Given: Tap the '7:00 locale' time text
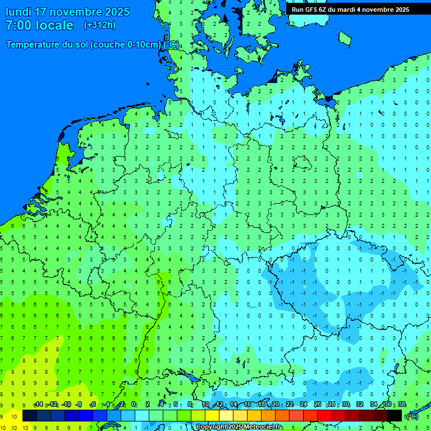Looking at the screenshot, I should [x=39, y=25].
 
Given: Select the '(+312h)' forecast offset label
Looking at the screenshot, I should [x=100, y=25].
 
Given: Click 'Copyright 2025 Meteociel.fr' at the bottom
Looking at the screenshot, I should [x=239, y=427].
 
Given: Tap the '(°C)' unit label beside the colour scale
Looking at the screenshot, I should [x=412, y=416].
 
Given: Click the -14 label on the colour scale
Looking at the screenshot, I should [x=38, y=405].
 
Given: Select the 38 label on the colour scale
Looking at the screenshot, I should [x=402, y=405].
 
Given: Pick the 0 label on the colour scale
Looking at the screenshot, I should [x=134, y=405].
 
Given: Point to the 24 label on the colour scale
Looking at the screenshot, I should [x=304, y=405].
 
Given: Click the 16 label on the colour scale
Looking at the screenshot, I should [x=247, y=405].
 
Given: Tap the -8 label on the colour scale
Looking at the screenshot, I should [x=79, y=405].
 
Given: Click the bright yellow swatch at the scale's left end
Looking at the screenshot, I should [x=15, y=416].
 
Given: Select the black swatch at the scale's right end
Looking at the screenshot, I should [x=395, y=416].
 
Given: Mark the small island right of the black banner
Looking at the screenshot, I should [x=345, y=38].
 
